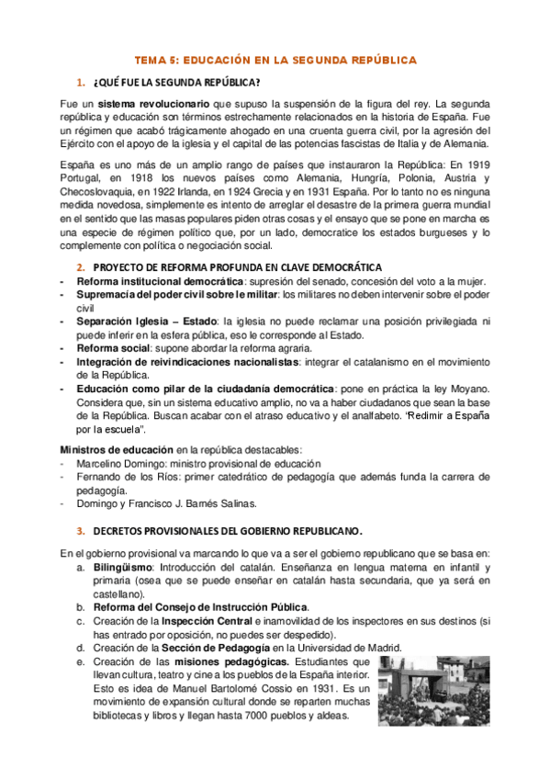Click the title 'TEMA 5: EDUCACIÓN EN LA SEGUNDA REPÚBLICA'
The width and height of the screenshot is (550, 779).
click(275, 60)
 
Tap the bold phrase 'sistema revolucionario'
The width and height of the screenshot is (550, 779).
click(154, 103)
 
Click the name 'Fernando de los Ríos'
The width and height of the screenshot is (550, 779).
click(120, 478)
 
